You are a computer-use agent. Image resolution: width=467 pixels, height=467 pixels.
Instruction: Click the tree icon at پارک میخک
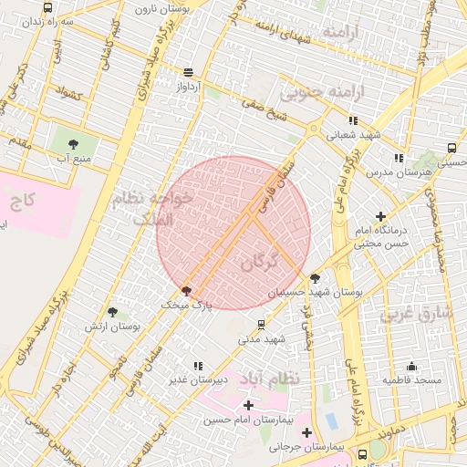click(x=187, y=291)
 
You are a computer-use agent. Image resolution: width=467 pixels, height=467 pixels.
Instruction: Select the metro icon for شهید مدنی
click(x=263, y=324)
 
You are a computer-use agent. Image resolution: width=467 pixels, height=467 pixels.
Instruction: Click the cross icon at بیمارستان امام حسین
click(x=248, y=404)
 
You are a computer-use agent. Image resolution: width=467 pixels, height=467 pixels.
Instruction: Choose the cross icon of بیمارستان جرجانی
click(x=306, y=432)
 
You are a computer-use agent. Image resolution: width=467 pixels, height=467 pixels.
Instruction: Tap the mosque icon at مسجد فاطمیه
click(x=411, y=366)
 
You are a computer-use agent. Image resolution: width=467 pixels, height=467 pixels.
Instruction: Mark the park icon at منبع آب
click(x=73, y=143)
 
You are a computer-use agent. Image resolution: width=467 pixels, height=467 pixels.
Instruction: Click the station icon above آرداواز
click(x=189, y=72)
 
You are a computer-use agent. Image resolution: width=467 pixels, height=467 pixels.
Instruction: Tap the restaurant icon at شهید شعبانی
click(x=353, y=119)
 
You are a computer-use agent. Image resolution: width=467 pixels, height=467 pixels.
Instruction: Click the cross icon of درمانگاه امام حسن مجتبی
click(x=379, y=216)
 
